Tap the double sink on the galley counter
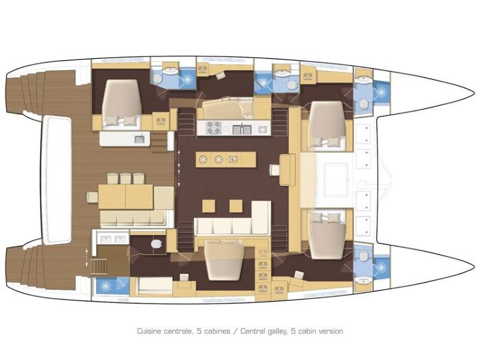coord(242,128)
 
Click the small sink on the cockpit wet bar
coord(139,139)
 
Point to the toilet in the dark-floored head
coord(158,244)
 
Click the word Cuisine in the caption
coord(150,331)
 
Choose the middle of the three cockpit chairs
coord(125,178)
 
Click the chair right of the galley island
coord(274,170)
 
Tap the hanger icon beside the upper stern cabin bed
coord(160,120)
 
